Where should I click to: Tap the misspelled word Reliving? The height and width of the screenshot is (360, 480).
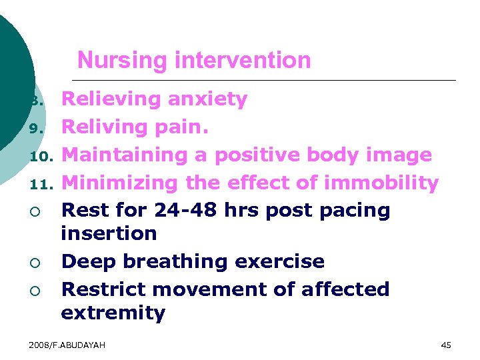tap(106, 127)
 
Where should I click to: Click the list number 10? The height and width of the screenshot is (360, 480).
tap(41, 156)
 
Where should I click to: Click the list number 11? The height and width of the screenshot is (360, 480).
tap(41, 183)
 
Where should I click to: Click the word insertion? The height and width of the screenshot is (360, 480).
tap(109, 233)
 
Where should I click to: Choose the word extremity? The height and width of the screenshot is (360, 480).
tap(113, 313)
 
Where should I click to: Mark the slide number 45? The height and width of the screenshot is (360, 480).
tap(446, 345)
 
